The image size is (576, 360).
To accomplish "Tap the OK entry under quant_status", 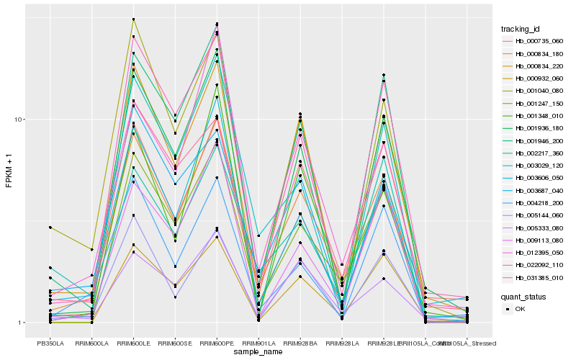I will coord(521,309).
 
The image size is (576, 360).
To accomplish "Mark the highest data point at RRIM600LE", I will coord(134,19).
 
